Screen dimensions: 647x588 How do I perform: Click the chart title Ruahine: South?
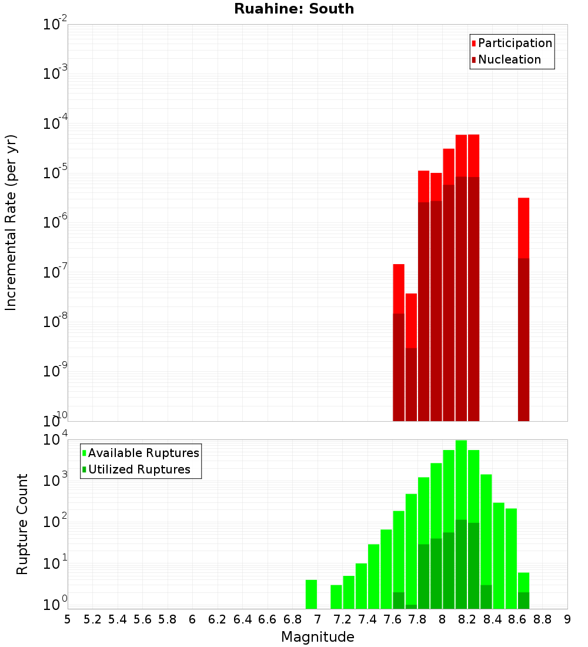click(x=294, y=9)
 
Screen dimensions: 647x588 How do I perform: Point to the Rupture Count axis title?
click(x=22, y=524)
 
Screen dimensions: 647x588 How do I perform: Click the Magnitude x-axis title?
click(x=318, y=637)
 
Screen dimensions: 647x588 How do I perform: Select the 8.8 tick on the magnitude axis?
click(x=542, y=619)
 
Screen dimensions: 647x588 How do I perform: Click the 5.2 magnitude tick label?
click(x=92, y=619)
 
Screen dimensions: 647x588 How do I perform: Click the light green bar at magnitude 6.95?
click(x=311, y=594)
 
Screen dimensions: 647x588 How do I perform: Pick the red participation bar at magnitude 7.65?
click(x=399, y=288)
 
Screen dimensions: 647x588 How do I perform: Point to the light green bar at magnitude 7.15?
click(x=336, y=596)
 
